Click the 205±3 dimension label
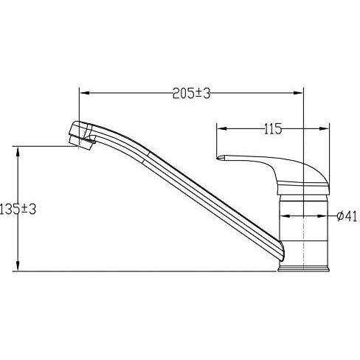point(192,94)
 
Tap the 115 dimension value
point(273,129)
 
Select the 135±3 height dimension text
point(18,210)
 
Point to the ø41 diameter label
point(347,216)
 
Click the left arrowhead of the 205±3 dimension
point(84,93)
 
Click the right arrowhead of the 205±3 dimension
point(299,93)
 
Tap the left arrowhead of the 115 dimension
point(221,128)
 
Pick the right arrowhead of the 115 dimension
point(325,128)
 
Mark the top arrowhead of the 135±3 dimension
point(18,151)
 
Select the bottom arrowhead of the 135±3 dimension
point(18,266)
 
